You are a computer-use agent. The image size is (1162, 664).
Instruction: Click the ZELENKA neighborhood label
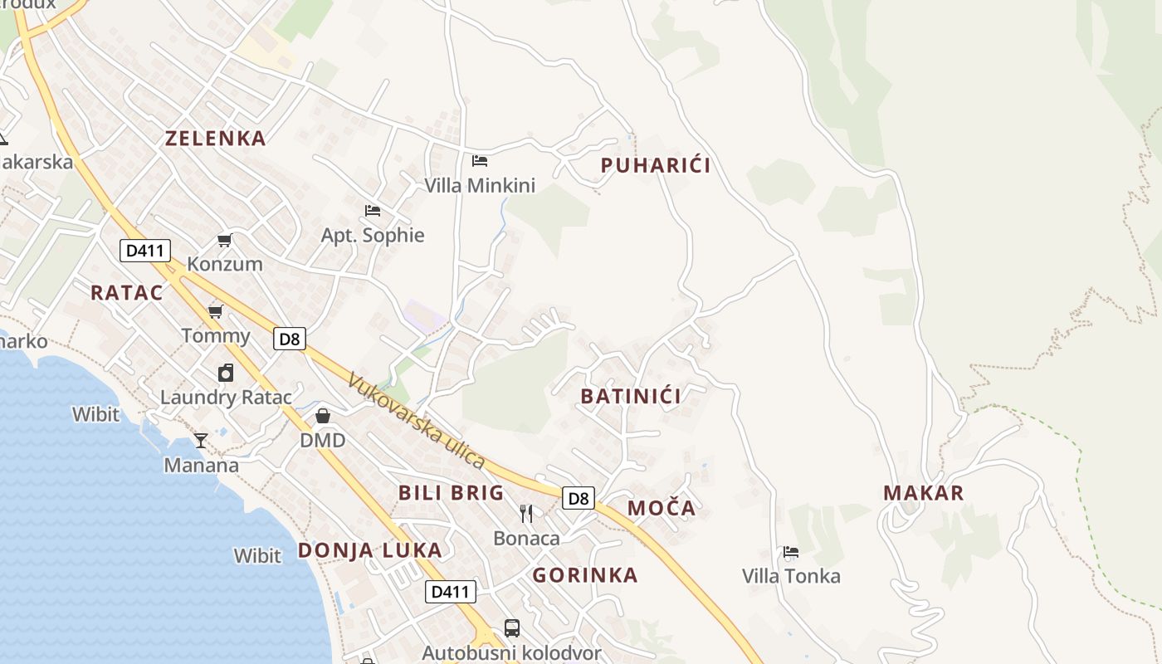(216, 138)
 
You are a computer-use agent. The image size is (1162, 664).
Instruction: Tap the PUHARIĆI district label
(655, 165)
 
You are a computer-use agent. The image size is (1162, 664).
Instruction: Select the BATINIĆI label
(631, 396)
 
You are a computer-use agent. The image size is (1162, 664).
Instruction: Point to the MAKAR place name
(923, 493)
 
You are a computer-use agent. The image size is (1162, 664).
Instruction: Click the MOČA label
(662, 508)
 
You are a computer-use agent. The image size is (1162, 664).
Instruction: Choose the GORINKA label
(585, 575)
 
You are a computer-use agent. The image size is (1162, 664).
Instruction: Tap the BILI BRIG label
(452, 492)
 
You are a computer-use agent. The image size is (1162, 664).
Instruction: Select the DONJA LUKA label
(369, 550)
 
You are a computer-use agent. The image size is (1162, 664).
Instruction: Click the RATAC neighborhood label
(126, 292)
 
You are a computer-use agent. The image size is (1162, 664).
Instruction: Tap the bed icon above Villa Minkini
(480, 160)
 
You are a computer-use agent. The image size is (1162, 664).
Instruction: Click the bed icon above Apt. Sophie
(373, 211)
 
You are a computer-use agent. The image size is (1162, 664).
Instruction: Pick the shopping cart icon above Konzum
(224, 240)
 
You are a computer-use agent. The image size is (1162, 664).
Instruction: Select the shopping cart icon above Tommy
(216, 311)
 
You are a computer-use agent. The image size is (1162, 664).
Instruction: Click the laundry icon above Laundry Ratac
(226, 373)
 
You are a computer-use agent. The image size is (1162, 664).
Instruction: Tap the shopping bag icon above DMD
(323, 415)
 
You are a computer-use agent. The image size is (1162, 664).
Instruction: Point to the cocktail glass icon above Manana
(201, 440)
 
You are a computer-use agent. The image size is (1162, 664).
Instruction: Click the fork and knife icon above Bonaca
(526, 514)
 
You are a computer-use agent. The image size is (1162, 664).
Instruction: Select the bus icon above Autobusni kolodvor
(512, 628)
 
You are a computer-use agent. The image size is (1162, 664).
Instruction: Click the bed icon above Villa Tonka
(791, 551)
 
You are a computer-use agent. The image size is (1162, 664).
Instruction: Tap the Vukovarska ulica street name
(415, 421)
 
